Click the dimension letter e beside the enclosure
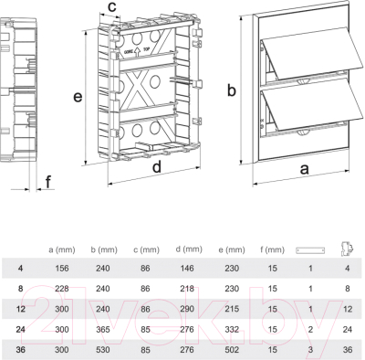pos(78,97)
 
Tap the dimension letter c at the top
pos(112,6)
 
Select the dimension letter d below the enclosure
pos(157,167)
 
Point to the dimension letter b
pos(232,90)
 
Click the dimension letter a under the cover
pos(305,169)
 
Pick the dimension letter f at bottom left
pos(48,182)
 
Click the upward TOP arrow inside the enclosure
pos(137,52)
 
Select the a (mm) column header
pos(62,250)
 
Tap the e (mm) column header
pos(232,250)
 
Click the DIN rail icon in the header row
pos(310,250)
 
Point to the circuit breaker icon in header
pos(347,249)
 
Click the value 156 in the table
pos(62,269)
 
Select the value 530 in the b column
pos(103,350)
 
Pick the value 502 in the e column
pos(232,350)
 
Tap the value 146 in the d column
pos(187,269)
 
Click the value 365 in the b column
pos(103,329)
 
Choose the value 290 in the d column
pos(187,309)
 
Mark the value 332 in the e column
pos(232,329)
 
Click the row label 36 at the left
pos(20,350)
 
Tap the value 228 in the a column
pos(62,289)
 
